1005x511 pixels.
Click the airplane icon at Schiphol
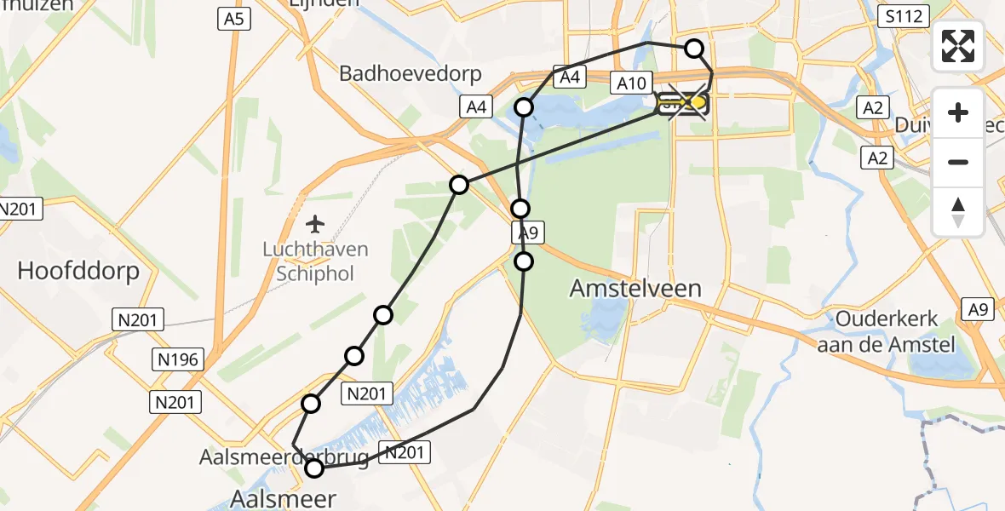tap(315, 224)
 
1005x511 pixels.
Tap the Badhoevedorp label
tap(411, 73)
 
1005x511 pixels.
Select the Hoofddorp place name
tap(78, 272)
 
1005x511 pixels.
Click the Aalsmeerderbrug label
tap(284, 457)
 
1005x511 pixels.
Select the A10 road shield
tap(632, 82)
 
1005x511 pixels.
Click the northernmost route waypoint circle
tap(695, 49)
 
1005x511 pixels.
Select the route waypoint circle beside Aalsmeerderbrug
tap(314, 468)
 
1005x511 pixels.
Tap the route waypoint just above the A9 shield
tap(520, 209)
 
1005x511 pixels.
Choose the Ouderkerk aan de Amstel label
tap(887, 331)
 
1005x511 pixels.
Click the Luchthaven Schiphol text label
tap(315, 261)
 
